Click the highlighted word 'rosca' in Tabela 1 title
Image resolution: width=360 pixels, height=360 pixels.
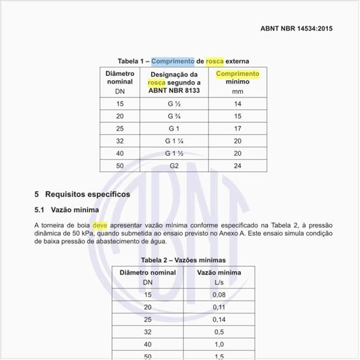(215, 61)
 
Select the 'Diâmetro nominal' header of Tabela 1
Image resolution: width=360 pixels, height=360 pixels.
(119, 78)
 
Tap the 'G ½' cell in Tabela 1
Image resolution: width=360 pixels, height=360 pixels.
(173, 104)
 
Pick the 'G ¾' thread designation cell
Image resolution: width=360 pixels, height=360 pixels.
(173, 116)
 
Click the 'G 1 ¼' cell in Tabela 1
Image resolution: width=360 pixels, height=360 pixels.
(173, 141)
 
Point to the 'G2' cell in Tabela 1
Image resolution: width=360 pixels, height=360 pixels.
(173, 166)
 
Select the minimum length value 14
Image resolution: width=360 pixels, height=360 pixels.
(238, 104)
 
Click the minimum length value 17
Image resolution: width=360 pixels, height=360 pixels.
(238, 128)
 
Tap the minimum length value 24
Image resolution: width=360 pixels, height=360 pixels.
(238, 166)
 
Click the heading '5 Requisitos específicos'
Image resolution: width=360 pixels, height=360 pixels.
(82, 194)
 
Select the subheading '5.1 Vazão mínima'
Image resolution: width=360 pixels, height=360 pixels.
(66, 210)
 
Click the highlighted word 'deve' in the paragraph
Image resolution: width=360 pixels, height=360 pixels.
(99, 225)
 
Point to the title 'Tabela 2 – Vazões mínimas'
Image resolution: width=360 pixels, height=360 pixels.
(183, 260)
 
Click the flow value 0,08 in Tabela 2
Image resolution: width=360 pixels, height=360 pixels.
(219, 295)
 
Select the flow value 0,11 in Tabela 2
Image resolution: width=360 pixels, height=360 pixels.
(219, 307)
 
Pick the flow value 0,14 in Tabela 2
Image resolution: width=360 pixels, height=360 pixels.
(219, 319)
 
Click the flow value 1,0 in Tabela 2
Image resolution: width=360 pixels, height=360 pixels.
(219, 344)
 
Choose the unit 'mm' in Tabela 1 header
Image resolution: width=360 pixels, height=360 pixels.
(238, 92)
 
